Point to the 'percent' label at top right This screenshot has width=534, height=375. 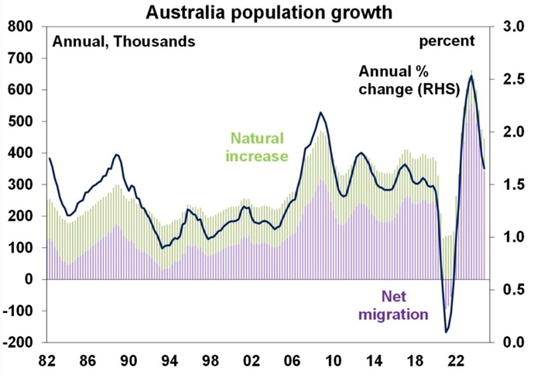tap(447, 40)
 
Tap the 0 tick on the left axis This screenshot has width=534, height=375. tap(32, 279)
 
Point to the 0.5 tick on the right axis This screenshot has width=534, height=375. tap(512, 290)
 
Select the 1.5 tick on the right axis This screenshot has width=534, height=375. tap(512, 184)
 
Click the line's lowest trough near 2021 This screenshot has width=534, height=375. tap(447, 332)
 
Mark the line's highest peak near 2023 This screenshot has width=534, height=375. tap(471, 75)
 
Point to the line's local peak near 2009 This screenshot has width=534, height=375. tap(320, 112)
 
